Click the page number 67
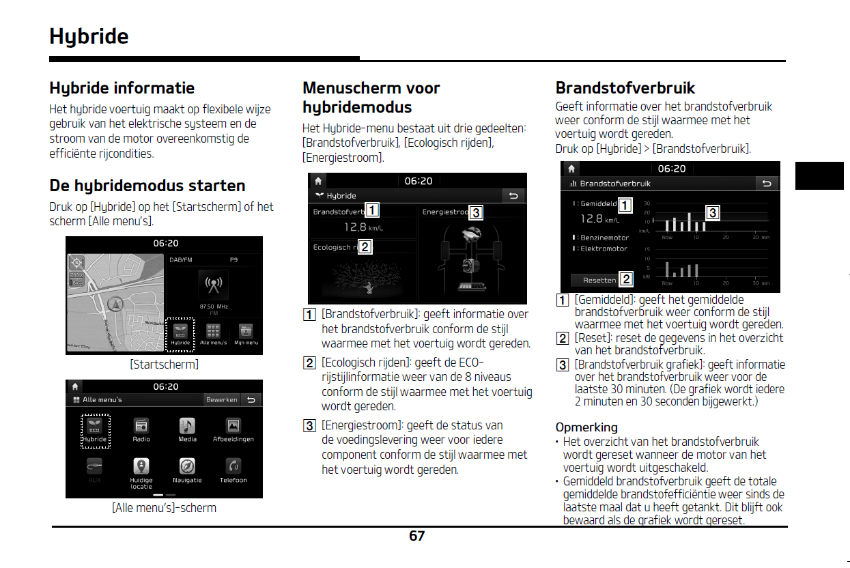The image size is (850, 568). click(x=416, y=537)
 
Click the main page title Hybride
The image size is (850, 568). click(x=89, y=36)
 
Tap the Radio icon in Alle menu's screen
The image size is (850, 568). click(x=141, y=426)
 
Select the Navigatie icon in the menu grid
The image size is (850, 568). click(x=187, y=466)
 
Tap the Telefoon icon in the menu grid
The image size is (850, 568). click(x=233, y=466)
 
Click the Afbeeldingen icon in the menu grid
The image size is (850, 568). click(x=233, y=426)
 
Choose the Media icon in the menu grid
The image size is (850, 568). click(x=187, y=426)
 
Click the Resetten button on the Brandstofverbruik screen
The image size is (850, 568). click(x=599, y=280)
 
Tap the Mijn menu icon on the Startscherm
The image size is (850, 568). click(x=246, y=332)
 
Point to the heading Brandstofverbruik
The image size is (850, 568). click(x=625, y=88)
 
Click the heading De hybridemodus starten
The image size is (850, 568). click(x=147, y=186)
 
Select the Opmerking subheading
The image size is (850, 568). click(x=586, y=427)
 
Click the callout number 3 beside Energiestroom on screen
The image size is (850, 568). click(x=476, y=212)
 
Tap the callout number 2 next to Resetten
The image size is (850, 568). click(x=626, y=279)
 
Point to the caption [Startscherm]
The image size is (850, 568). click(x=164, y=365)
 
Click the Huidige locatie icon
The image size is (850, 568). click(x=141, y=466)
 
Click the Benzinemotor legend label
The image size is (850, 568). click(x=604, y=238)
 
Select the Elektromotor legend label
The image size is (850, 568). click(x=604, y=248)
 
